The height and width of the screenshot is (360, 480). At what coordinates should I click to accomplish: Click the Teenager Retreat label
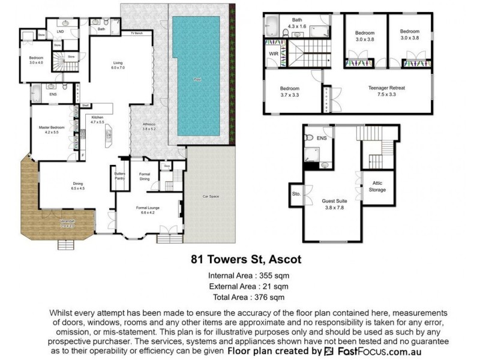pos(386,88)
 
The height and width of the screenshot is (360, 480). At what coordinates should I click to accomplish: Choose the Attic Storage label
pos(377,187)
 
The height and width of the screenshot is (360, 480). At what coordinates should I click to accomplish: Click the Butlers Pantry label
pos(120,176)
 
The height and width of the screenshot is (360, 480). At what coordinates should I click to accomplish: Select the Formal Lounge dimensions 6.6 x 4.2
pos(148,212)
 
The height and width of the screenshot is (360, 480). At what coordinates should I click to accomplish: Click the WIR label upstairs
pos(272,52)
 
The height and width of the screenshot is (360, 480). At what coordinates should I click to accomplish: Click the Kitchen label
pos(97,118)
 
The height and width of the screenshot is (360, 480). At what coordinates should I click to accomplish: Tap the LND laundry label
pos(60,31)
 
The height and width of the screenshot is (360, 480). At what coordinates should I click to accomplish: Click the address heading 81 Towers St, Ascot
pos(245,260)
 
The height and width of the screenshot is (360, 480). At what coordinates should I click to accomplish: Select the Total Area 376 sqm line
pos(245,297)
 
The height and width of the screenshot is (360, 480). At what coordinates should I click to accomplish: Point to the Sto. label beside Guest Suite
pos(296,194)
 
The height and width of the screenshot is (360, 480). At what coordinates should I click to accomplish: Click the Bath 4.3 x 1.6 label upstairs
pos(297,23)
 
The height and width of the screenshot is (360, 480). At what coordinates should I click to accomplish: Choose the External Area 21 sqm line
pos(245,286)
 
